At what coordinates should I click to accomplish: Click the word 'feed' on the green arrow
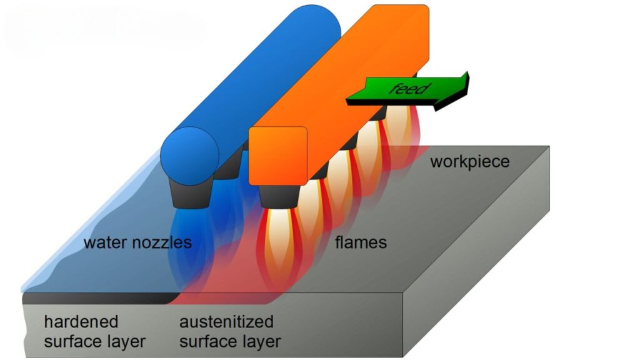[x=409, y=88]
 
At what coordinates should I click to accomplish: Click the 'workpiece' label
[x=470, y=162]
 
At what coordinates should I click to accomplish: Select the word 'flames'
[x=361, y=242]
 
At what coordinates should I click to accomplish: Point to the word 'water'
[x=105, y=243]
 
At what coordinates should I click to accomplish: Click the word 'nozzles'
[x=162, y=243]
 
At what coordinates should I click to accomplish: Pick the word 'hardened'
[x=81, y=322]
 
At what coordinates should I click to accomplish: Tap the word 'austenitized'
[x=226, y=322]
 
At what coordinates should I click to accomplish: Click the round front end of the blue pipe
[x=189, y=156]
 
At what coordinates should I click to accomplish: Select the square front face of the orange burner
[x=278, y=156]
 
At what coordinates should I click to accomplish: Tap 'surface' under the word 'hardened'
[x=71, y=342]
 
